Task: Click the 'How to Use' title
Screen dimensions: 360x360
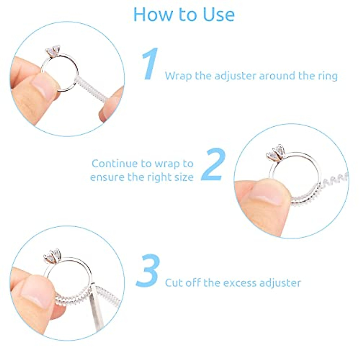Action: tap(184, 14)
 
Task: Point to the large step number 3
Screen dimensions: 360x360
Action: tap(148, 271)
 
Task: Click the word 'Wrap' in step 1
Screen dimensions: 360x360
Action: tap(178, 76)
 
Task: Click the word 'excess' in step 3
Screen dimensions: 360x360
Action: tap(235, 283)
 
